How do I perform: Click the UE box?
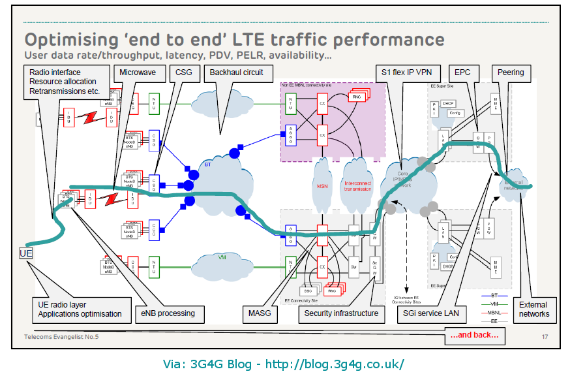coord(25,253)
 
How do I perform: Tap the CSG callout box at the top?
coord(185,72)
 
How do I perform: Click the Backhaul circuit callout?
coord(237,72)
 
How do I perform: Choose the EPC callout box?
coord(462,72)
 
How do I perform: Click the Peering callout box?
coord(510,72)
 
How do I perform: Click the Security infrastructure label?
coord(341,314)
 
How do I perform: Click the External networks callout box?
coord(534,309)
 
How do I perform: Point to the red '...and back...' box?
coord(474,336)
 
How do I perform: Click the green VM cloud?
coord(222,258)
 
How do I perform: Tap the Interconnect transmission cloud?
coord(357,185)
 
